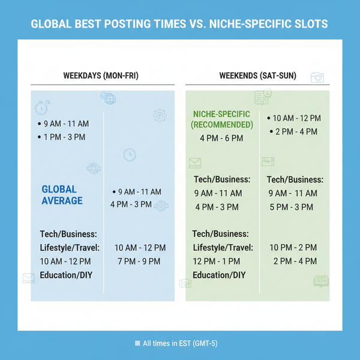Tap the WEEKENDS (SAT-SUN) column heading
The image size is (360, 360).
coord(256,76)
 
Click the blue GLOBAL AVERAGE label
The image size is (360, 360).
coord(62,195)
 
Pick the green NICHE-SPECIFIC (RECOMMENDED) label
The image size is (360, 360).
coord(222,119)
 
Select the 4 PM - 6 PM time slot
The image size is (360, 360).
coord(221,139)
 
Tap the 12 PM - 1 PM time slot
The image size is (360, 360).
coord(217,262)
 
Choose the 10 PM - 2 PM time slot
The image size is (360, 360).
coord(293,248)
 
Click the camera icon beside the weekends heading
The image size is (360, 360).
coord(317,77)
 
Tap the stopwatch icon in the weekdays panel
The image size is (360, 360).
coord(41,107)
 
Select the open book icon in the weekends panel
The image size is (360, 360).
coord(321,281)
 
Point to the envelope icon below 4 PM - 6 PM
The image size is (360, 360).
coord(194,163)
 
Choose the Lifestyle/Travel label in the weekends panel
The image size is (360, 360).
coord(223,248)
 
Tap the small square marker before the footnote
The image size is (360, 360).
coord(137,344)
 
